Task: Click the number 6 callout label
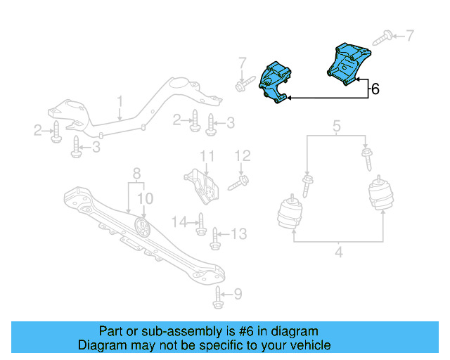pos(375,89)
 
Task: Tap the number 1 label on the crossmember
pos(120,101)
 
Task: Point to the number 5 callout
pos(336,127)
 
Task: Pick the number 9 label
pos(237,294)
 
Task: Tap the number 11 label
pos(206,155)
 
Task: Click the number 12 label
pos(243,155)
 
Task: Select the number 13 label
pos(240,233)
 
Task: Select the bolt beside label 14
pos(200,224)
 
